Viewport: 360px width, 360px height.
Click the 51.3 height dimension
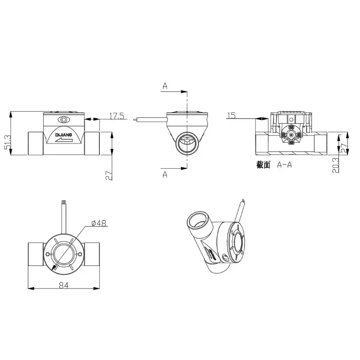(x=8, y=142)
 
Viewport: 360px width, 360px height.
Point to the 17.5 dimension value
(x=117, y=116)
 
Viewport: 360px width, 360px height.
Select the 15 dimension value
(x=232, y=115)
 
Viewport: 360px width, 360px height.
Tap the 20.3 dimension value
(x=336, y=165)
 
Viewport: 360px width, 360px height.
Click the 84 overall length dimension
(x=63, y=285)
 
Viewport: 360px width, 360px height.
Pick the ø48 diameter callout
(x=99, y=223)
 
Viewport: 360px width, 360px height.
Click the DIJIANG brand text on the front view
(x=63, y=135)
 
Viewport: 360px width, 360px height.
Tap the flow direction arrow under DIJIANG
(x=63, y=140)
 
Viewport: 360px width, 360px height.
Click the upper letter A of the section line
(x=165, y=86)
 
